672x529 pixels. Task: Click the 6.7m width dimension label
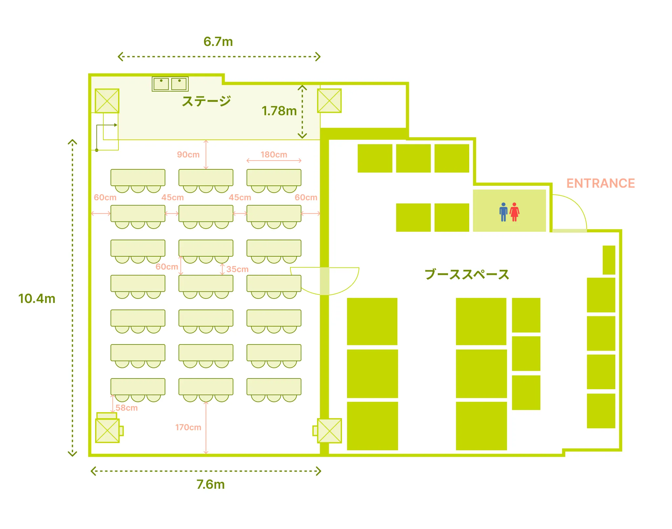coord(218,42)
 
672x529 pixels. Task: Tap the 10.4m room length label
coord(37,299)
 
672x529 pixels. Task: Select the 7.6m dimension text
coord(211,484)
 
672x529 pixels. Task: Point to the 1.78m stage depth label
coord(279,111)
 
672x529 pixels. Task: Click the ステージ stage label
coord(206,101)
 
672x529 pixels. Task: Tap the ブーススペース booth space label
coord(467,274)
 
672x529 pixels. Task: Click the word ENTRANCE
coord(600,183)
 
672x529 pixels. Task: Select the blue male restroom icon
coord(503,212)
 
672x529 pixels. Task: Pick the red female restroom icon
coord(514,212)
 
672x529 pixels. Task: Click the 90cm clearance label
coord(188,155)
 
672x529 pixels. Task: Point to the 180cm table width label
coord(274,155)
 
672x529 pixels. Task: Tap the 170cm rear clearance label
coord(188,427)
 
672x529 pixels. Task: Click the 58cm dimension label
coord(126,408)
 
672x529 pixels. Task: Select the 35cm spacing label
coord(237,269)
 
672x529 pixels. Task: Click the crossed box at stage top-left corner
coord(107,101)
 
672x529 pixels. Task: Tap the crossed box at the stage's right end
coord(329,101)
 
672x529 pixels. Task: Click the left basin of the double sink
coord(161,84)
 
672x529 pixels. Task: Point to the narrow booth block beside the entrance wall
coord(609,260)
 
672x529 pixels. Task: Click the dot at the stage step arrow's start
coord(97,150)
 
